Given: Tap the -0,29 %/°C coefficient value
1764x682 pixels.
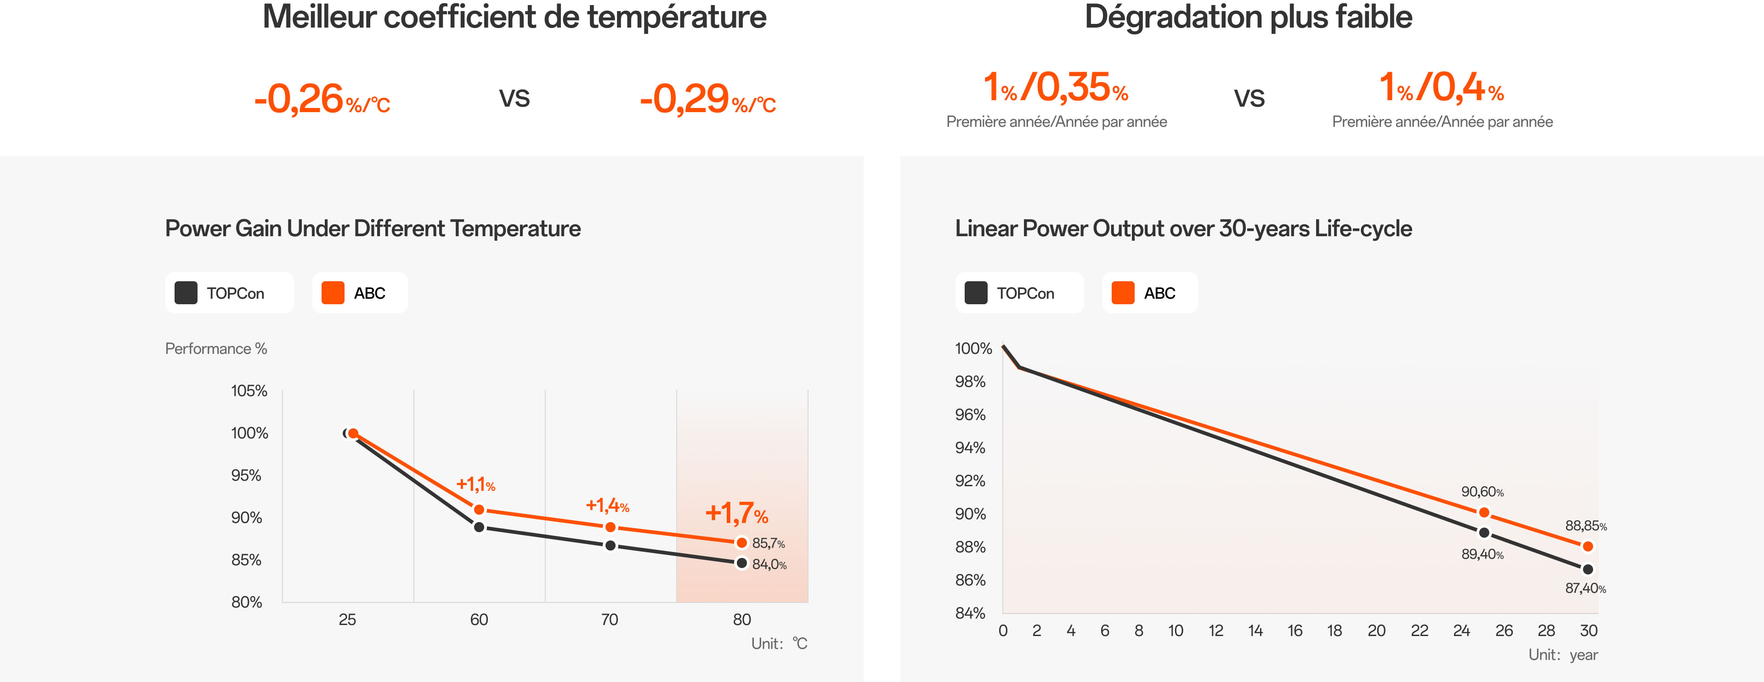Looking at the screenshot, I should (x=707, y=99).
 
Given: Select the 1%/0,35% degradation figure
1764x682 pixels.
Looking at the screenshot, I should (x=1055, y=88).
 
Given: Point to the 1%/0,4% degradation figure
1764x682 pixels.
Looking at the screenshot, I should (x=1442, y=88).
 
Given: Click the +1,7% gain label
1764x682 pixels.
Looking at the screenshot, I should (x=736, y=513).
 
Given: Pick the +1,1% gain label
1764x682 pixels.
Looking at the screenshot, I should (x=475, y=485).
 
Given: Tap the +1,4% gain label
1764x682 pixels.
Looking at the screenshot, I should (x=607, y=506).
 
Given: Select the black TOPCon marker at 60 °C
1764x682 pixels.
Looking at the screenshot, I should (x=479, y=527).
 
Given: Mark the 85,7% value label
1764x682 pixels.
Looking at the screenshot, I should (x=769, y=544).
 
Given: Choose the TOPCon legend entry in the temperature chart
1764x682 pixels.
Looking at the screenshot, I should (x=229, y=293).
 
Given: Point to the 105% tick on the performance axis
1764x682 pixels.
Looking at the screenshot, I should (x=249, y=391).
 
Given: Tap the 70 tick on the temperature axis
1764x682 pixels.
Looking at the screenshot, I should (x=610, y=619).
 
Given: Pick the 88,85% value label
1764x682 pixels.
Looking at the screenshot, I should (x=1585, y=526).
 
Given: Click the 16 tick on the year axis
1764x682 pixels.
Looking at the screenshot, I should (x=1295, y=631).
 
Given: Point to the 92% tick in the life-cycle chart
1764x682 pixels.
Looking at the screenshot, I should (x=970, y=481).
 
